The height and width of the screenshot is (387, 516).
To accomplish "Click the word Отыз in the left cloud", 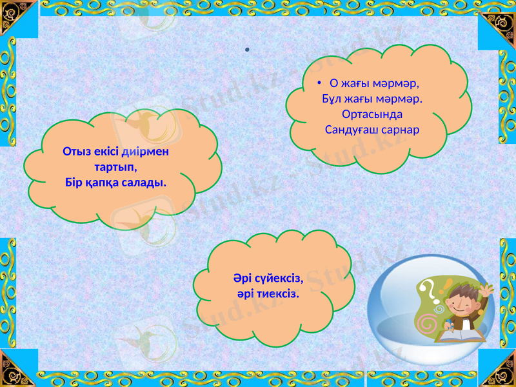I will coord(76,152).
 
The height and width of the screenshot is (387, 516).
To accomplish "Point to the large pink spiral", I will coord(426,320).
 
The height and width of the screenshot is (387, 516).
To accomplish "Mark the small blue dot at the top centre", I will coord(248,50).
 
